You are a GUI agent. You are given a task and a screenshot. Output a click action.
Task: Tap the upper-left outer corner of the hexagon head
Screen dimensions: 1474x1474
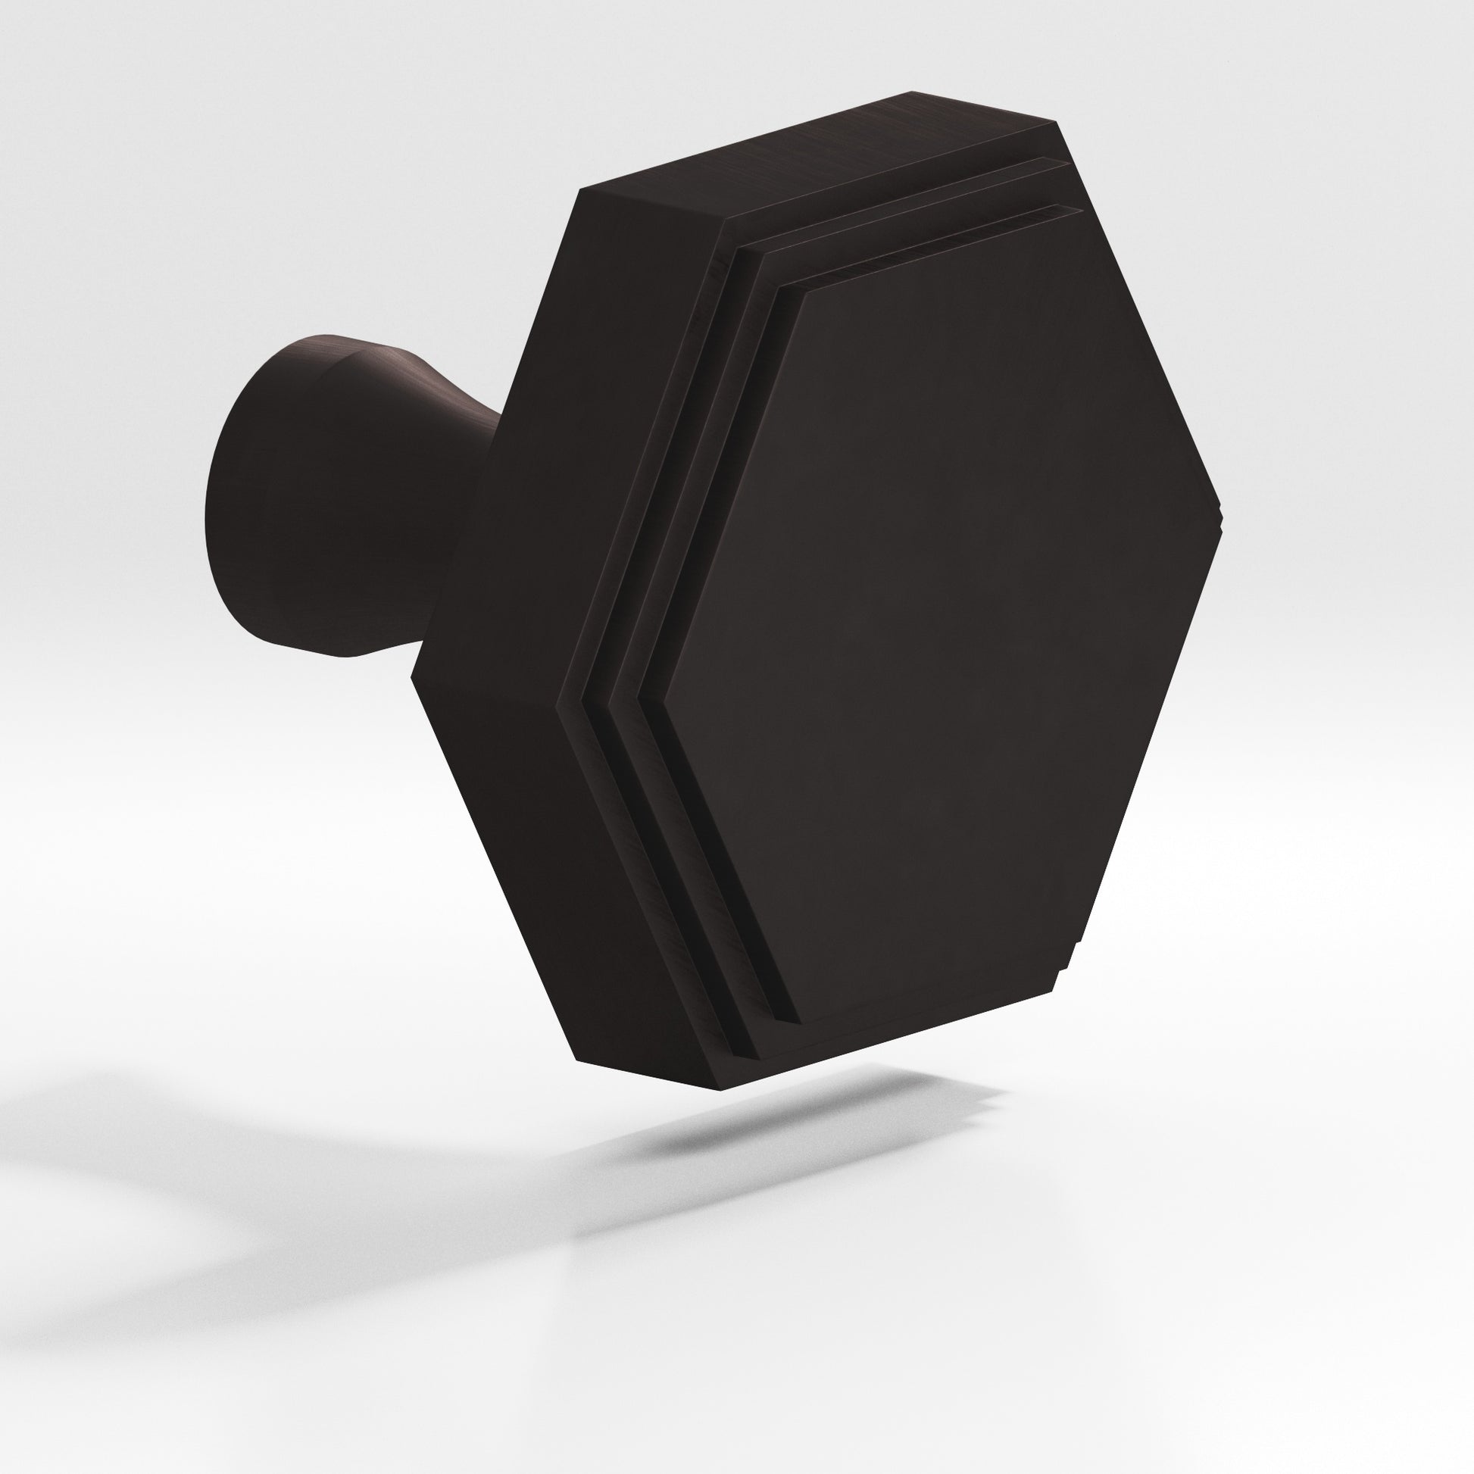click(584, 188)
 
